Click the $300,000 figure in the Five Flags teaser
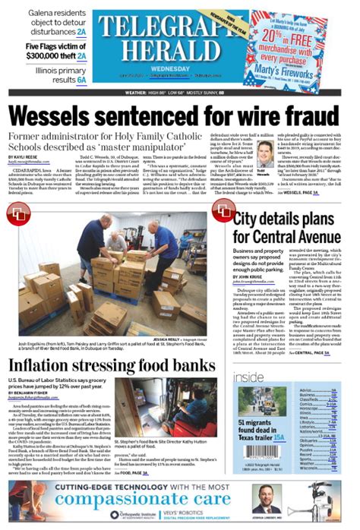click(32, 55)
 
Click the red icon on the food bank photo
click(17, 213)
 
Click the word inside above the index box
click(248, 377)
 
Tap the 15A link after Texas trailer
click(279, 437)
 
